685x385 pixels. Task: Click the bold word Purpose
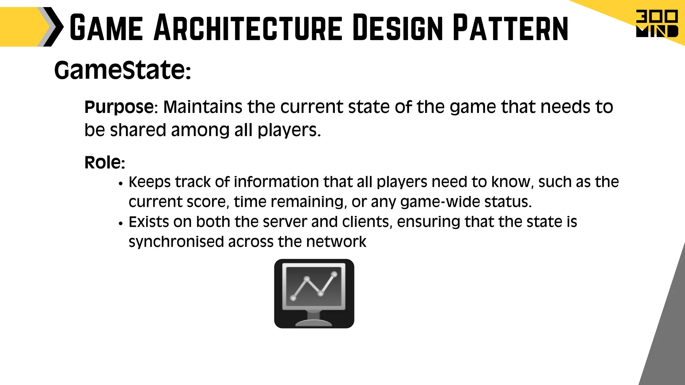(x=119, y=107)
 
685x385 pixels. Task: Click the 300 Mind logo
(x=657, y=23)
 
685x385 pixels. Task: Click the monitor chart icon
(x=314, y=293)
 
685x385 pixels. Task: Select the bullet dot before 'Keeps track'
(x=121, y=183)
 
